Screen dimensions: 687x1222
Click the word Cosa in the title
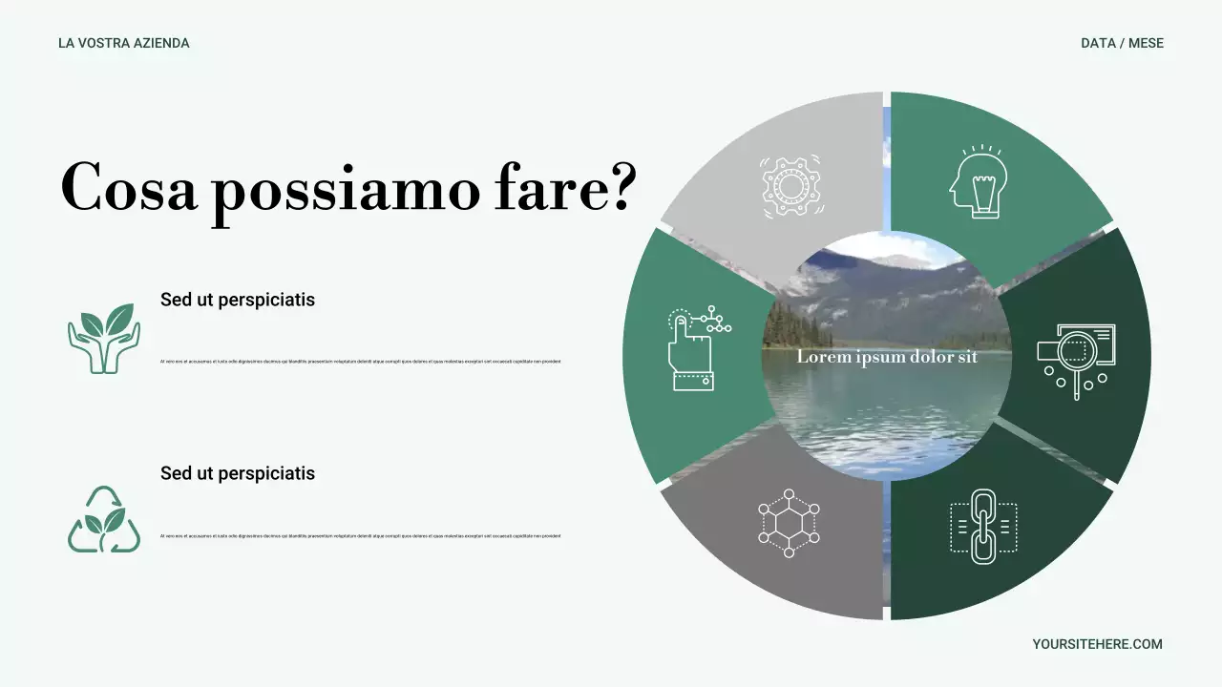pyautogui.click(x=129, y=188)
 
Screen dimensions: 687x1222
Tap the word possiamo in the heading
pyautogui.click(x=346, y=191)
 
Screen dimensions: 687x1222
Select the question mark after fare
pyautogui.click(x=619, y=186)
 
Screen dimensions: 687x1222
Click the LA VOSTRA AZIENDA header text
pyautogui.click(x=124, y=43)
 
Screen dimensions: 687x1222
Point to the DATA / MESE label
pyautogui.click(x=1122, y=43)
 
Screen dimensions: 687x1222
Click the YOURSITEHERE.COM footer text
pyautogui.click(x=1097, y=644)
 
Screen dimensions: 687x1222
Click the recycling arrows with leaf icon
pyautogui.click(x=104, y=520)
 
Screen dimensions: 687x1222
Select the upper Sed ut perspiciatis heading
pyautogui.click(x=238, y=300)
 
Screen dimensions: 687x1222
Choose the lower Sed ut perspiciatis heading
pyautogui.click(x=238, y=473)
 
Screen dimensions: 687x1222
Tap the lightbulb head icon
pyautogui.click(x=979, y=182)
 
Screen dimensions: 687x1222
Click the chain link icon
pyautogui.click(x=983, y=526)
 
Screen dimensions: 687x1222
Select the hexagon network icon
pyautogui.click(x=789, y=523)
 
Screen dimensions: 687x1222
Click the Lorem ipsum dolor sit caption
pyautogui.click(x=887, y=357)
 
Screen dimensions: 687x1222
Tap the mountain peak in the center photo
pyautogui.click(x=893, y=261)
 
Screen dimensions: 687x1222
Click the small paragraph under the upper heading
pyautogui.click(x=361, y=362)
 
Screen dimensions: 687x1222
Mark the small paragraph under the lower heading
pyautogui.click(x=361, y=535)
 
